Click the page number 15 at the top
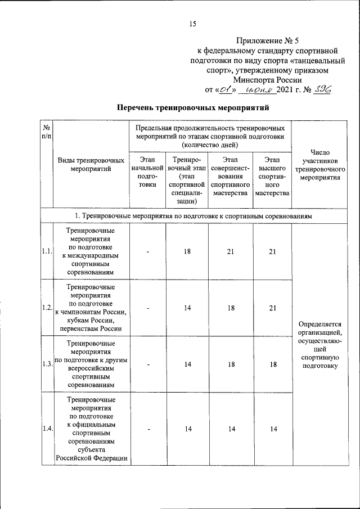[192, 24]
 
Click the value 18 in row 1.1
[187, 251]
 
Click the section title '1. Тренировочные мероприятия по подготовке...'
[193, 216]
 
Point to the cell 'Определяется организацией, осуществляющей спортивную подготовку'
[319, 345]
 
